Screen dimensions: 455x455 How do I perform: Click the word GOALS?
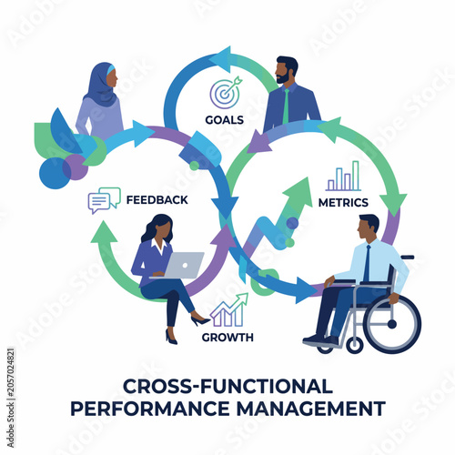tap(225, 120)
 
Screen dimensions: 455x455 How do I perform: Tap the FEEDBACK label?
tap(157, 200)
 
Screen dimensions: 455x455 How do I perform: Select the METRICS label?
tap(343, 203)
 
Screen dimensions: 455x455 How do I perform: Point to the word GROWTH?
tap(227, 338)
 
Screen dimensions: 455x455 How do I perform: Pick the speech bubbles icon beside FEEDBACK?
tap(104, 200)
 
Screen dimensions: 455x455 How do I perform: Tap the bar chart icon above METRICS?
tap(343, 176)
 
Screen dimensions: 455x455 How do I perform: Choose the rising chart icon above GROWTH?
tap(229, 310)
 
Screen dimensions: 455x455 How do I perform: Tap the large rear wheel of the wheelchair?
tap(391, 324)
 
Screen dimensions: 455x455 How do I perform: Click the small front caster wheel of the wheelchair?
tap(355, 345)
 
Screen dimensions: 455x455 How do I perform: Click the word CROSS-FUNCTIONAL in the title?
tap(227, 387)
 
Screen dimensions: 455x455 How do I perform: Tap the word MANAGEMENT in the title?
tap(311, 409)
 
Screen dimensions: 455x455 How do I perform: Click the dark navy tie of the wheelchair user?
tap(367, 263)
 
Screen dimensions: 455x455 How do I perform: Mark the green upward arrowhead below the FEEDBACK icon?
tap(104, 232)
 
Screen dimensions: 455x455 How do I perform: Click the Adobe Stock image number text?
tap(11, 398)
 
